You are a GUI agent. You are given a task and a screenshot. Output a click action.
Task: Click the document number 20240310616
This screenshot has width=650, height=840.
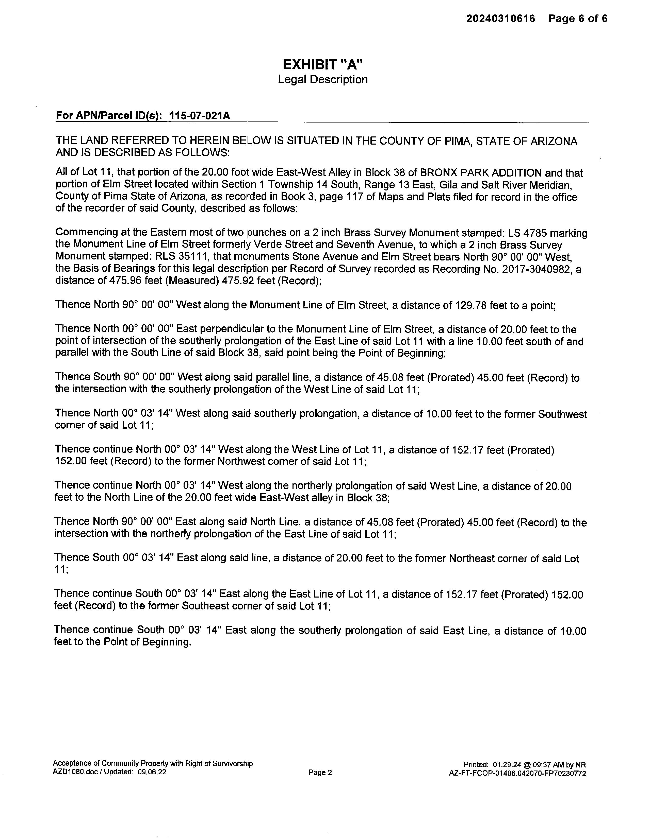(501, 19)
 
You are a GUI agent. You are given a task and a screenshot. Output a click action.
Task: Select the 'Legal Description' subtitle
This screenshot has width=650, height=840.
(323, 80)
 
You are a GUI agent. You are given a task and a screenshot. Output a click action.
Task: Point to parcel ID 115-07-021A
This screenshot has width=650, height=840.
(200, 116)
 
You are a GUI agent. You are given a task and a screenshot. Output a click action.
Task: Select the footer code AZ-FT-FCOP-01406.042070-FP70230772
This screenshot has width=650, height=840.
(517, 774)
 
